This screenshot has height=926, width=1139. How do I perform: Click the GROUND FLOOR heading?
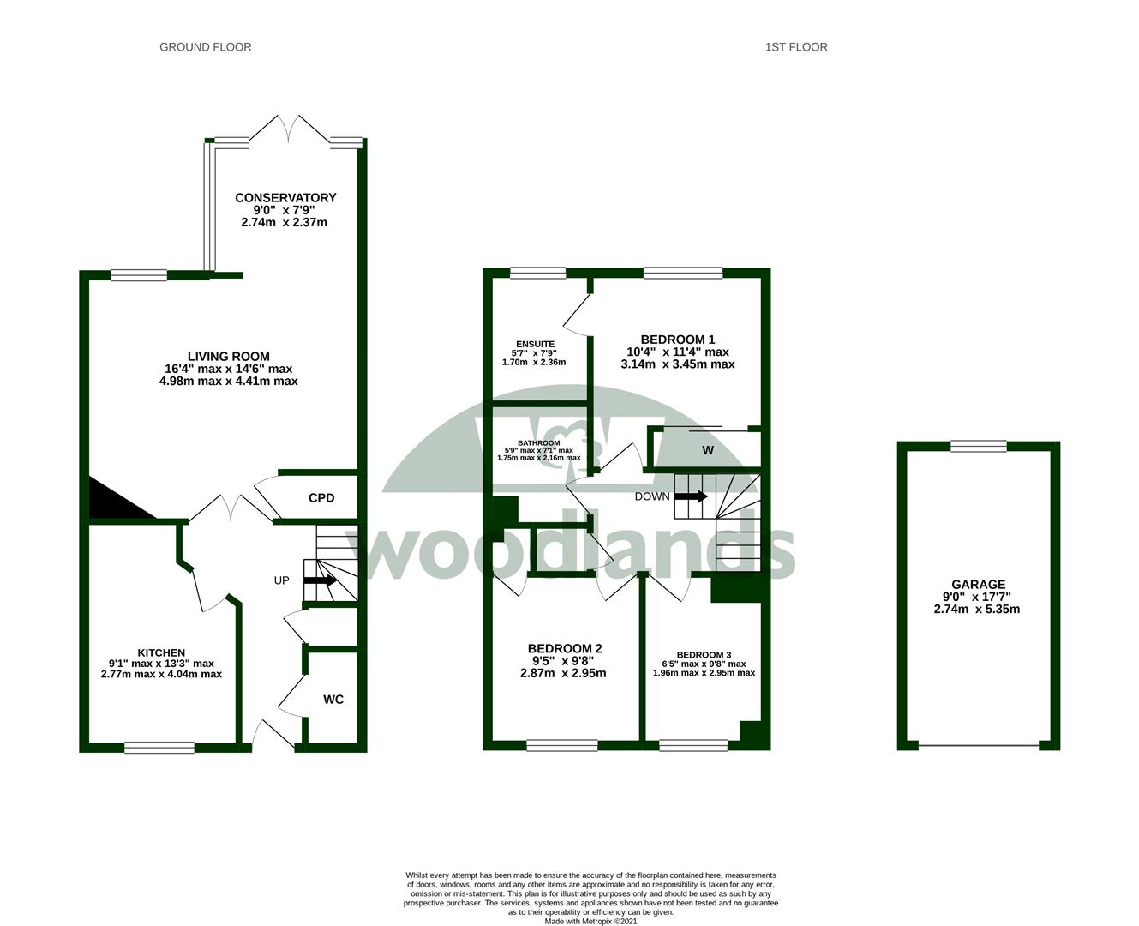(x=206, y=47)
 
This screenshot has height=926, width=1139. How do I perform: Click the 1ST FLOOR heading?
(x=796, y=47)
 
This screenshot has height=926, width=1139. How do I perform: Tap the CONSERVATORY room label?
(x=285, y=198)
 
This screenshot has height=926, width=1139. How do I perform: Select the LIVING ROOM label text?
(x=229, y=357)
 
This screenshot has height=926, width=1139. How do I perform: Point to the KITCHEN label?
(x=161, y=652)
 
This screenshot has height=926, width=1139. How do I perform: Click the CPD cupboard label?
(x=321, y=498)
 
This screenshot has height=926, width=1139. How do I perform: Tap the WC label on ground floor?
(x=333, y=700)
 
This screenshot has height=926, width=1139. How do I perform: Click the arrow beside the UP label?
(x=320, y=580)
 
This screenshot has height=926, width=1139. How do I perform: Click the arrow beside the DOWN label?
(x=692, y=496)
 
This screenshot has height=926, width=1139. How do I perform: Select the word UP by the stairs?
(x=281, y=580)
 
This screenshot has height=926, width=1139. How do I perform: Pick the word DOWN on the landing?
(x=652, y=496)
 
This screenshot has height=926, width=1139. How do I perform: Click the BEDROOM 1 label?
(x=678, y=340)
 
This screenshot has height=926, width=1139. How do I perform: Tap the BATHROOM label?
(x=538, y=443)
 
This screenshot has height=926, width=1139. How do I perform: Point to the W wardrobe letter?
(x=708, y=450)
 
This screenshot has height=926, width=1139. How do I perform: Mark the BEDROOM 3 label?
(x=704, y=654)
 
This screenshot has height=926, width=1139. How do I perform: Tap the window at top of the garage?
(x=978, y=445)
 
